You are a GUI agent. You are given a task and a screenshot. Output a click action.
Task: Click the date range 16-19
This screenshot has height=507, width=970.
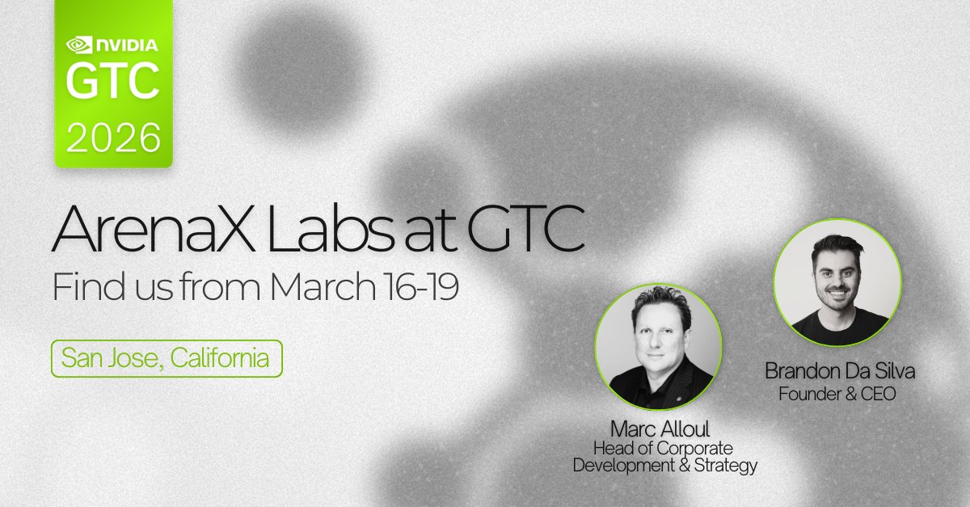[424, 288]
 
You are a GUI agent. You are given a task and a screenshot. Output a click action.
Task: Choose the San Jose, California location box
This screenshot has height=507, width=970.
[167, 358]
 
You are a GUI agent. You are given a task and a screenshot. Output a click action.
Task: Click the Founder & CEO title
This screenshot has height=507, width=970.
[836, 394]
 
